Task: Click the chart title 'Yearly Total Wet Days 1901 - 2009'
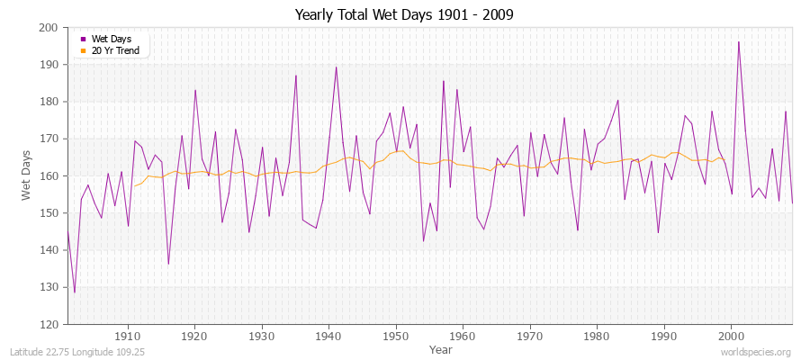pos(404,15)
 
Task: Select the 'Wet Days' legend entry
pos(111,40)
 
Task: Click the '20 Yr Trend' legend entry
pos(114,50)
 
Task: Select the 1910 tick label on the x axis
pos(128,335)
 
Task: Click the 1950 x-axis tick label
pos(395,335)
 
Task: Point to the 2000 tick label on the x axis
pos(731,335)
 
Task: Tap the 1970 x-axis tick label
pos(529,335)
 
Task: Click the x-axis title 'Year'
pos(441,349)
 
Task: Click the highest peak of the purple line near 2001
pos(739,41)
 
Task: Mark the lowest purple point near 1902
pos(75,292)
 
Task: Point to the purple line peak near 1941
pos(336,67)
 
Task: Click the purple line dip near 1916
pos(168,264)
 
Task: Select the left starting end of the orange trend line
pos(134,186)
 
